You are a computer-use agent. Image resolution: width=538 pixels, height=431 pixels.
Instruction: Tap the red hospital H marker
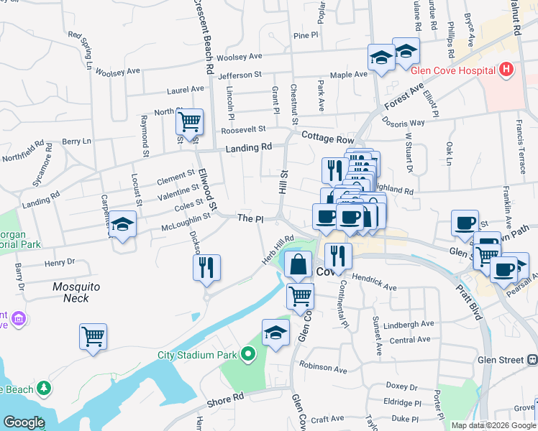506,70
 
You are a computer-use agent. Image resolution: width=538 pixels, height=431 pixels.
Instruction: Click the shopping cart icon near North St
189,123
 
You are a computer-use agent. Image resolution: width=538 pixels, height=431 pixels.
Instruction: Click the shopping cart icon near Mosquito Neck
94,336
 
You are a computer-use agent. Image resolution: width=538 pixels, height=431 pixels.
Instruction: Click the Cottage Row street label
328,137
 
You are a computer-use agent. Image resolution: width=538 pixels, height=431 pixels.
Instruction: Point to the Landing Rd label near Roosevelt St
249,147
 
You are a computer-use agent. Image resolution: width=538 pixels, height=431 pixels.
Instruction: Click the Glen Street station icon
532,359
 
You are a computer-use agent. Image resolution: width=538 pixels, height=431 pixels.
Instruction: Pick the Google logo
24,422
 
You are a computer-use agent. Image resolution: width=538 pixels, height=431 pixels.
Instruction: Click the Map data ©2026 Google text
493,425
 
